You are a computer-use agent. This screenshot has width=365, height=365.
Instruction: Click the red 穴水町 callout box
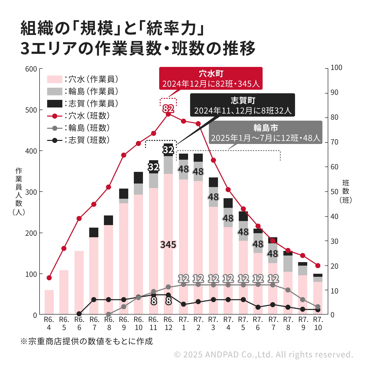(x=211, y=78)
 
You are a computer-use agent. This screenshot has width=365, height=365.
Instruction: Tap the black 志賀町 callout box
(x=243, y=105)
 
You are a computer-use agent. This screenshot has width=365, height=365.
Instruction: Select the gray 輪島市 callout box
(x=265, y=133)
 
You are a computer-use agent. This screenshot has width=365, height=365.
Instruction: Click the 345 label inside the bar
(x=168, y=245)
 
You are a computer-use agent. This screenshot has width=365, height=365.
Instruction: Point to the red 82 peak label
(x=168, y=109)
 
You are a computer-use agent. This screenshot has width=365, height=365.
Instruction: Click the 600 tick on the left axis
(x=31, y=69)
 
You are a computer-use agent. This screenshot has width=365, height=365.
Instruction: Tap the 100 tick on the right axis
(x=336, y=68)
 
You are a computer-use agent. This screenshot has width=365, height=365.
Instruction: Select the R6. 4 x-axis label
(x=49, y=323)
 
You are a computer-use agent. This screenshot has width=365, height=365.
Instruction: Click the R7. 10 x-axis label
(x=318, y=323)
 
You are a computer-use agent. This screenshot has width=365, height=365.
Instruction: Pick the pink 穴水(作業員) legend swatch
(x=54, y=79)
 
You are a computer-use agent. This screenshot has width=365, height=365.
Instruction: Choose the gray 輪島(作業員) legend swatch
(x=54, y=92)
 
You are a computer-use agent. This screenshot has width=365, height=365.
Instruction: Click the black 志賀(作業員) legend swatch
(x=54, y=104)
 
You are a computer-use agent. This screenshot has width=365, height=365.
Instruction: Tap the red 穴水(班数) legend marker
(x=54, y=116)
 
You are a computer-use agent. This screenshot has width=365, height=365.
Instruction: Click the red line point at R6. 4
(x=49, y=278)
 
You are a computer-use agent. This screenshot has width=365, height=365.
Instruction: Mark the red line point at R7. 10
(x=318, y=266)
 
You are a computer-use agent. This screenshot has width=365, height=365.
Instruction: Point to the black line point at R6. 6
(x=79, y=314)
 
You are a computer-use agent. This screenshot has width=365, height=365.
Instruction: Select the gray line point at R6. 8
(x=108, y=314)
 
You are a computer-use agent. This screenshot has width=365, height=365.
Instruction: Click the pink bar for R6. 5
(x=64, y=292)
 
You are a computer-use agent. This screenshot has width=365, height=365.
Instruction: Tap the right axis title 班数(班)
(x=345, y=191)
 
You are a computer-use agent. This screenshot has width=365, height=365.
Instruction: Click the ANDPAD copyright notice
(x=264, y=354)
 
